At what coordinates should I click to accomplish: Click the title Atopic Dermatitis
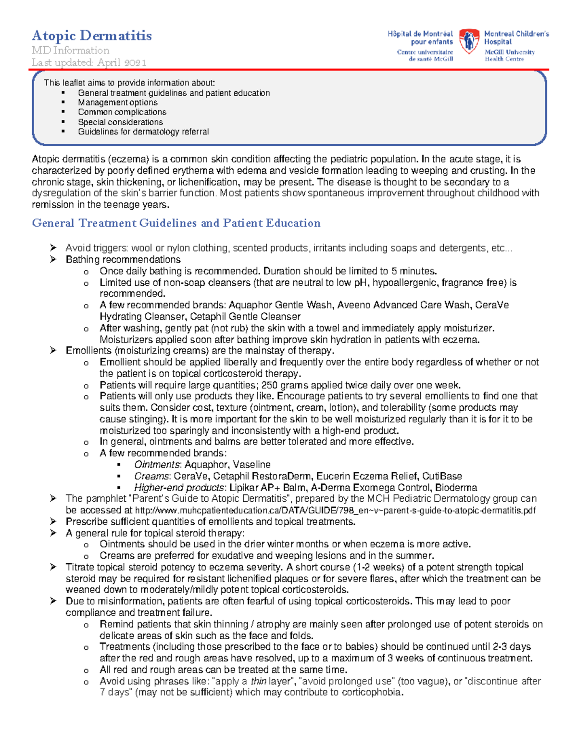tap(91, 36)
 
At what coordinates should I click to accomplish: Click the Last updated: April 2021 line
tap(89, 63)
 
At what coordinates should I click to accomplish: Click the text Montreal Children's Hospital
tap(516, 38)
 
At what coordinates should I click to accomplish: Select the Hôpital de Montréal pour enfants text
tap(420, 38)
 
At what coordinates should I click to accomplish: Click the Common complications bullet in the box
tap(122, 112)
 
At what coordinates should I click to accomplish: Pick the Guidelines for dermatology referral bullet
tap(143, 132)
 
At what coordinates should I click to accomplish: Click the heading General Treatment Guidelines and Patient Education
tap(176, 223)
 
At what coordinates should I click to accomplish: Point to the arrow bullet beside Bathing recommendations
tap(53, 259)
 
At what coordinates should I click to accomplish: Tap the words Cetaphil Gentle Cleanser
tap(245, 317)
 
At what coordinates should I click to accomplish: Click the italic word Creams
tap(151, 476)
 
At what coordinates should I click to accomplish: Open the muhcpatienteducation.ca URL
tap(335, 510)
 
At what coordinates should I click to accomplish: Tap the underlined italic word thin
tap(258, 681)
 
